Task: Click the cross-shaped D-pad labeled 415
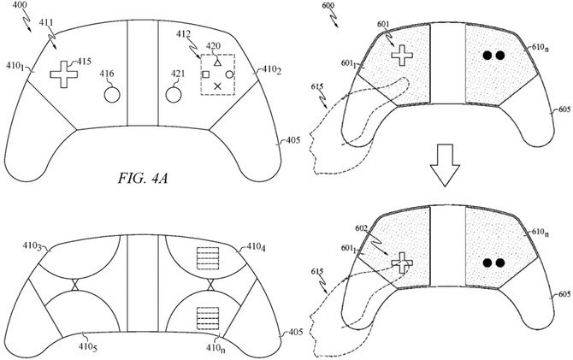point(62,74)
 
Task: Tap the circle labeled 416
point(111,94)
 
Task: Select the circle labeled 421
point(174,93)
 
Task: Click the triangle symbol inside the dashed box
point(218,63)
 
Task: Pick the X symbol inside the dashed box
point(217,86)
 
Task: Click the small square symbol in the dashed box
point(205,74)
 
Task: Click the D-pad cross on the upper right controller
point(400,55)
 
